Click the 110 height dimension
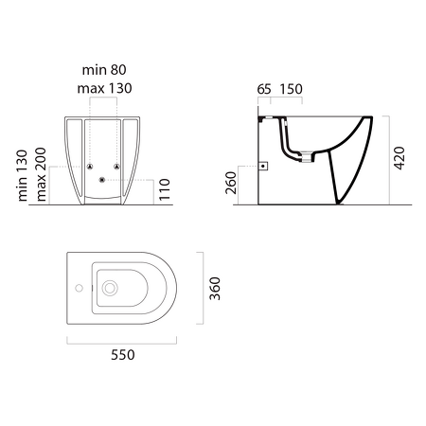point(163,190)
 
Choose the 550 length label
point(121,354)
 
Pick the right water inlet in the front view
point(116,167)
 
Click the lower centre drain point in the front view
point(103,180)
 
